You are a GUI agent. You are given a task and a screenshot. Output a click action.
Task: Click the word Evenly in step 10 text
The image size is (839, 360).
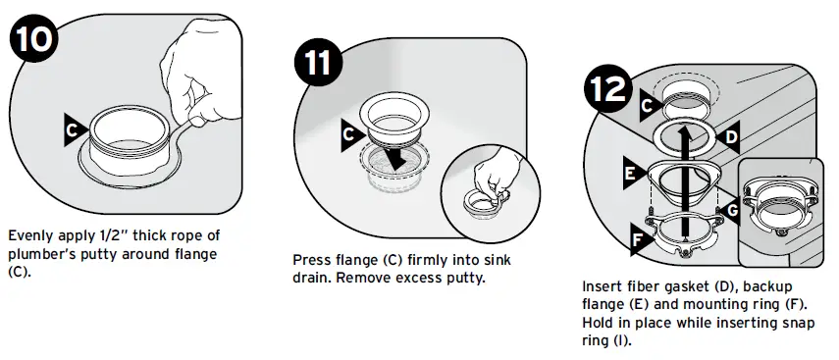coord(29,236)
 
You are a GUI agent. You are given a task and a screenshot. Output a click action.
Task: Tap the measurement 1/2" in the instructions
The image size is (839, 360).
coord(123,236)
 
